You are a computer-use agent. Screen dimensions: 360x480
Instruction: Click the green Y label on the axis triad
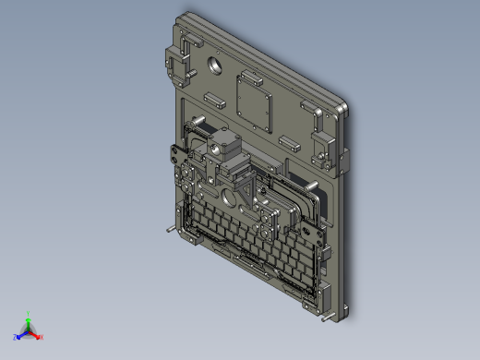click(x=30, y=313)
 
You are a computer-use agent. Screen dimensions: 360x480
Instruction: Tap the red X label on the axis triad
click(x=42, y=337)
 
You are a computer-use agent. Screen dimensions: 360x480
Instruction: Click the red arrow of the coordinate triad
click(x=35, y=333)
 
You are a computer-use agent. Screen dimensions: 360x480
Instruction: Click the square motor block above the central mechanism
click(x=223, y=145)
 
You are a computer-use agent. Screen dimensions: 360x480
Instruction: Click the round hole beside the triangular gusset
click(x=227, y=197)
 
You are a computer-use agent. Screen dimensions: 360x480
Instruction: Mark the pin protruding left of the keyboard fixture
click(x=169, y=228)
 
